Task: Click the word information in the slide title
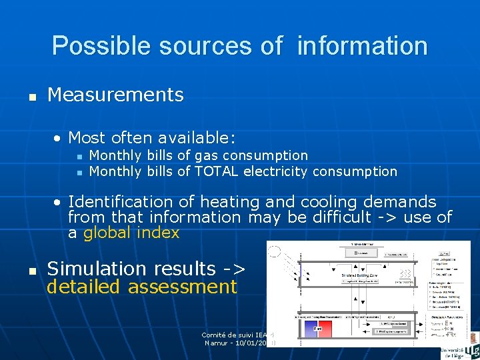(x=362, y=46)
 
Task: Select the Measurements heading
(x=115, y=95)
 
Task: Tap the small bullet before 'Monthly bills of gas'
(x=79, y=156)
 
